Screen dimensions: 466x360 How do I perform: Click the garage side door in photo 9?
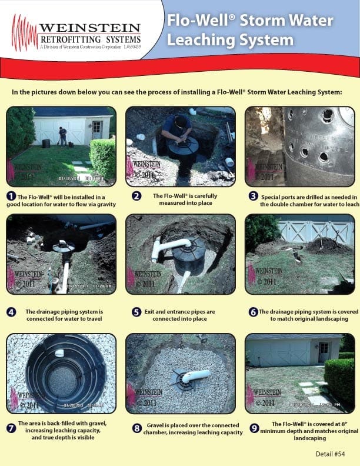(x=324, y=352)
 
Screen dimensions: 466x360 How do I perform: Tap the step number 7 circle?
(x=11, y=428)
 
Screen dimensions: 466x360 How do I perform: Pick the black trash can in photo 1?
(x=45, y=143)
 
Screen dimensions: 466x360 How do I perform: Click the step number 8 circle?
(x=137, y=429)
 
